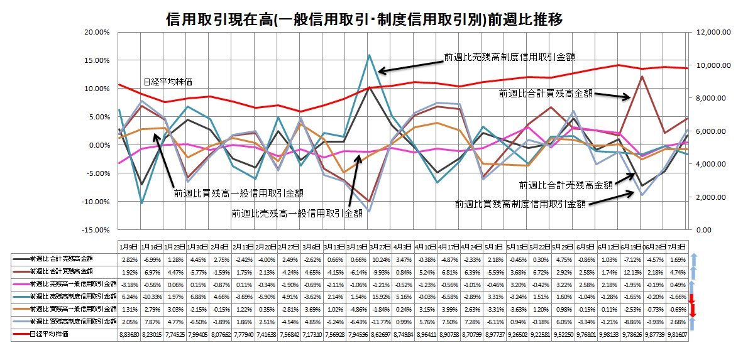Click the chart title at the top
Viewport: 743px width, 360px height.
(x=363, y=19)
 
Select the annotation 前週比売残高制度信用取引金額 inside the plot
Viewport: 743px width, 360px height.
(x=509, y=56)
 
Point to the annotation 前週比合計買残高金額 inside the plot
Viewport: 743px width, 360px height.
(x=546, y=93)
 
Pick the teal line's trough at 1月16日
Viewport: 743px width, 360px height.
(x=142, y=203)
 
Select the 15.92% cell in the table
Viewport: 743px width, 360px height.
(x=375, y=295)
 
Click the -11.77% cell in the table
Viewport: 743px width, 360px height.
(x=375, y=320)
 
